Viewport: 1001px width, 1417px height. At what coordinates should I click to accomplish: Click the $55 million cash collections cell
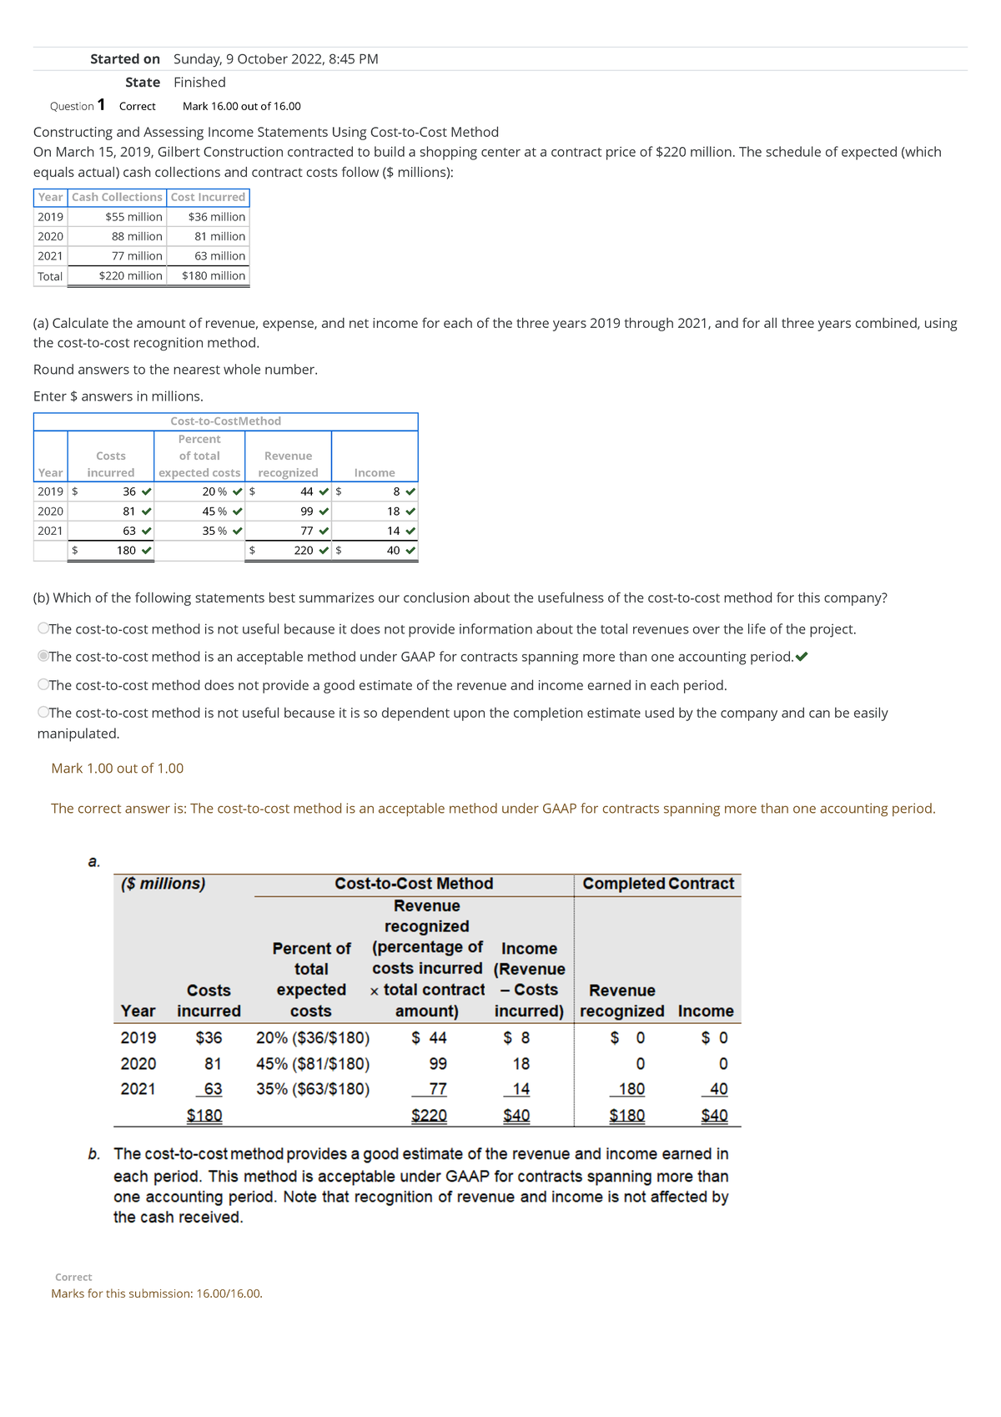click(x=133, y=217)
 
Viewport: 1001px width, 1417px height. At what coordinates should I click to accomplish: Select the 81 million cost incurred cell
click(x=219, y=236)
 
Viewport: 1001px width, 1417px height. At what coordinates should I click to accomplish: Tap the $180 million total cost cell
click(x=214, y=276)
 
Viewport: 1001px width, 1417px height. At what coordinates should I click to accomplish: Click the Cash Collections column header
click(x=117, y=197)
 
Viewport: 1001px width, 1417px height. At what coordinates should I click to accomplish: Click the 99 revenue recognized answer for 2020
click(x=306, y=512)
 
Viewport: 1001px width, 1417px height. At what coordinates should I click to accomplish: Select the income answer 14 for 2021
click(x=393, y=531)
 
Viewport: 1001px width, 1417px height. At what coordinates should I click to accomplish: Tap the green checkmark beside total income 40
click(x=410, y=551)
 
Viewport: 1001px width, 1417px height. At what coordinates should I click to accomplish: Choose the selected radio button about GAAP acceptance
click(x=43, y=657)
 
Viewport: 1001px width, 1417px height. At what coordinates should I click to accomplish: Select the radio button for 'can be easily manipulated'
click(x=43, y=713)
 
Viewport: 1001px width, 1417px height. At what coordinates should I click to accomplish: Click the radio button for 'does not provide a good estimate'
click(x=43, y=685)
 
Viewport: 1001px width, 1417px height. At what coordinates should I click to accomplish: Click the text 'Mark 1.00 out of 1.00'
click(x=118, y=769)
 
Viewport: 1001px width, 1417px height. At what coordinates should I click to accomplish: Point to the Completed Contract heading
click(x=658, y=884)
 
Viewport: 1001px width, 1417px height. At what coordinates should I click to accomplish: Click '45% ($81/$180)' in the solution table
click(x=313, y=1064)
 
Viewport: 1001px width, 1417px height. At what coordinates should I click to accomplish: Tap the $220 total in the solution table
click(x=429, y=1116)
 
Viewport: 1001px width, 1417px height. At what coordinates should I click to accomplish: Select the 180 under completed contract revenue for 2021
click(x=631, y=1089)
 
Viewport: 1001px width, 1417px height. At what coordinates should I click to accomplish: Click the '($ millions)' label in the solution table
click(x=163, y=884)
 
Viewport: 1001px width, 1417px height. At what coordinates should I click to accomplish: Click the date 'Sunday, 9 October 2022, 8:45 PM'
click(x=276, y=59)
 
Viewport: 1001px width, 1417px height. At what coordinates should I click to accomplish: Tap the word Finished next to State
click(x=199, y=83)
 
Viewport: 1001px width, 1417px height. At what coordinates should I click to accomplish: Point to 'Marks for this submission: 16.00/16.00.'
click(x=157, y=1293)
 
